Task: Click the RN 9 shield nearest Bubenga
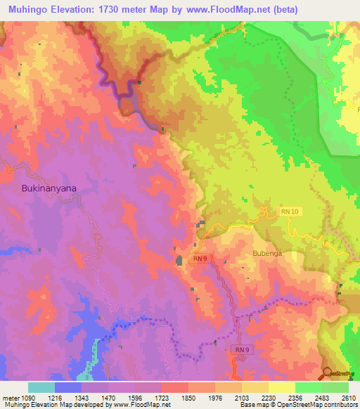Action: point(200,258)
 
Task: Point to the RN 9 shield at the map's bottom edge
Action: point(240,349)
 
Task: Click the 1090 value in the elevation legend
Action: point(28,397)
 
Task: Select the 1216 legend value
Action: point(68,397)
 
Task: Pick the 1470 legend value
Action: point(122,397)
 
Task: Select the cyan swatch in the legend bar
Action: point(41,387)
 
